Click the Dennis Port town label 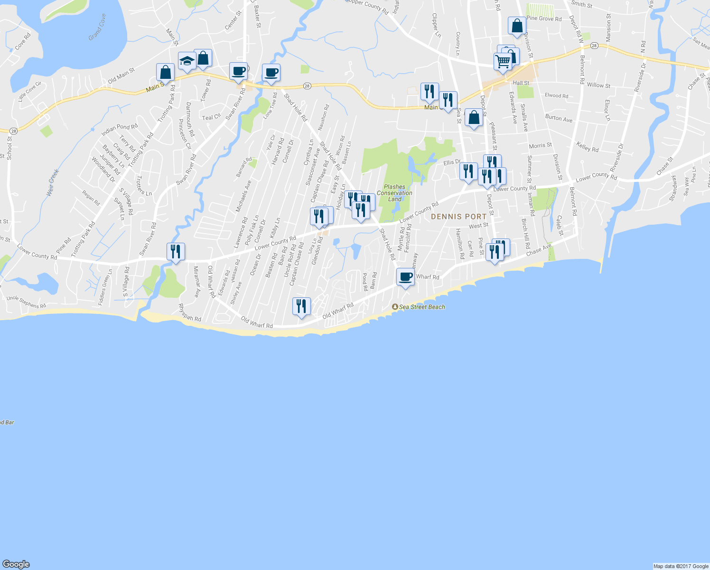pyautogui.click(x=458, y=217)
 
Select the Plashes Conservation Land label pyautogui.click(x=394, y=193)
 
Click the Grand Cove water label pyautogui.click(x=97, y=27)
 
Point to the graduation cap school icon pyautogui.click(x=187, y=61)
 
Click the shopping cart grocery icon pyautogui.click(x=503, y=62)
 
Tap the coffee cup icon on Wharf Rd pyautogui.click(x=405, y=277)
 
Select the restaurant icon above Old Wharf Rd pyautogui.click(x=301, y=306)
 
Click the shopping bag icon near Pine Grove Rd pyautogui.click(x=517, y=26)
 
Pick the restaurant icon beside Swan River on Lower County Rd pyautogui.click(x=176, y=251)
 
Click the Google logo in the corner pyautogui.click(x=16, y=564)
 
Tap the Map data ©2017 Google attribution pyautogui.click(x=681, y=566)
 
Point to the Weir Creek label pyautogui.click(x=53, y=183)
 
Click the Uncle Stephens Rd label pyautogui.click(x=26, y=302)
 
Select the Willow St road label pyautogui.click(x=598, y=85)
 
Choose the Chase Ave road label pyautogui.click(x=539, y=249)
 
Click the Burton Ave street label pyautogui.click(x=559, y=118)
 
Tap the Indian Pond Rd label pyautogui.click(x=119, y=127)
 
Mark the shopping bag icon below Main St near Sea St pyautogui.click(x=474, y=117)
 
